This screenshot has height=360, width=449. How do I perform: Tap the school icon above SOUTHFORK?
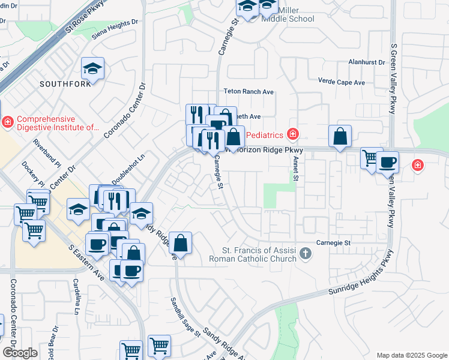tap(92, 70)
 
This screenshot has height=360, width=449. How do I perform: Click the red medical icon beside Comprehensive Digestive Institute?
tap(7, 122)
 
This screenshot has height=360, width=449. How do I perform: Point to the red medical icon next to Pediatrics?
tap(293, 133)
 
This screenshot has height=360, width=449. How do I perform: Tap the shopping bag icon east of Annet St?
tap(340, 136)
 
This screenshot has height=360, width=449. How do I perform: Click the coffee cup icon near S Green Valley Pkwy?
tap(387, 162)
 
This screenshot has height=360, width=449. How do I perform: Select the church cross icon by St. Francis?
tap(306, 254)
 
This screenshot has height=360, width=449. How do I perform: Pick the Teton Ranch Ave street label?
tap(249, 92)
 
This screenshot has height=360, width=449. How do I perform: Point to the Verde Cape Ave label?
tap(341, 82)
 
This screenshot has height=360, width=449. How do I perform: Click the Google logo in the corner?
tap(19, 353)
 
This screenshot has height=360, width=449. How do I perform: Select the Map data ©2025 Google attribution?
tap(412, 355)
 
